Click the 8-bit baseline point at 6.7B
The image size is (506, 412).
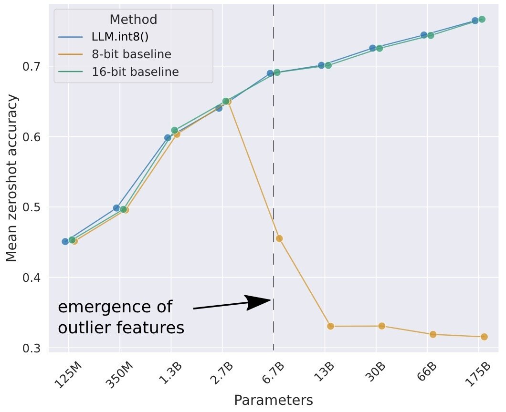click(279, 238)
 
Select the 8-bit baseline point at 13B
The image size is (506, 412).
click(330, 326)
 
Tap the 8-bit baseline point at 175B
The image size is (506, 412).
click(484, 337)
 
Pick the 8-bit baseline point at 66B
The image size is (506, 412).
click(433, 334)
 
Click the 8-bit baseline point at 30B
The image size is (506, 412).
click(382, 326)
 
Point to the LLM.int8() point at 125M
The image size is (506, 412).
click(65, 241)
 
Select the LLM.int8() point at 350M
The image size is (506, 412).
click(116, 208)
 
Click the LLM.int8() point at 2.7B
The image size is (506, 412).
click(219, 108)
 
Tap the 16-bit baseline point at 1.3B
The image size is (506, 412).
click(174, 130)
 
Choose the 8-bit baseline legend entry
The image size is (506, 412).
click(131, 54)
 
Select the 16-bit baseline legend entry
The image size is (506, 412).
click(135, 72)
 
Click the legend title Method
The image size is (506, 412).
click(133, 20)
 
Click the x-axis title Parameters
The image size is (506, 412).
click(274, 400)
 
